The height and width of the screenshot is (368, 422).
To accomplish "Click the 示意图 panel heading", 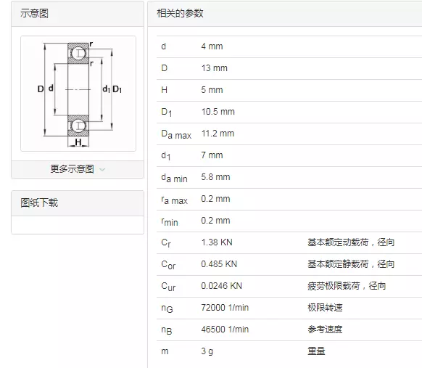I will coord(34,14).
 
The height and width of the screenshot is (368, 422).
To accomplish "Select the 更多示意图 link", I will coord(73,169).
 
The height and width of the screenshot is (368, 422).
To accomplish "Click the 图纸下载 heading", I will coord(39,203).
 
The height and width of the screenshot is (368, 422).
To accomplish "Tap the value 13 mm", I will coord(214,68).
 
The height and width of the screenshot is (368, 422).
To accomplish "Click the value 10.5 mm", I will coord(218,112).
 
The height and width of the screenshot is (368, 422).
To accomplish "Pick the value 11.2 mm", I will coord(218,134).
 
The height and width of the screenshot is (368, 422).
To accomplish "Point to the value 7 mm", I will coord(212,155).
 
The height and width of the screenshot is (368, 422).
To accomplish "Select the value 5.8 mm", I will coord(215,177).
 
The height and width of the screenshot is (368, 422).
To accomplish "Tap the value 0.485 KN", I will coord(219,264).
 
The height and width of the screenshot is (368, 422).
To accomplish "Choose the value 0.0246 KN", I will coord(221,286).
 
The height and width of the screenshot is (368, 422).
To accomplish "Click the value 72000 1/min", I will coord(225,308).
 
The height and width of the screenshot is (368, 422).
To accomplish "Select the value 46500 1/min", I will coord(225,330).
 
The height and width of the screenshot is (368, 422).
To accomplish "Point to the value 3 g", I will coord(207,351).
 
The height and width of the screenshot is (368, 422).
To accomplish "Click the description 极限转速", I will coord(325,308).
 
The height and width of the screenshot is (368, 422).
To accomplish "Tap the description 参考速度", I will coord(325,330).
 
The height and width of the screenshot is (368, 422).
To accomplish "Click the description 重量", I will coord(316,351).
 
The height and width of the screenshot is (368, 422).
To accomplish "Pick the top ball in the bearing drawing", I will coord(78,53).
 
